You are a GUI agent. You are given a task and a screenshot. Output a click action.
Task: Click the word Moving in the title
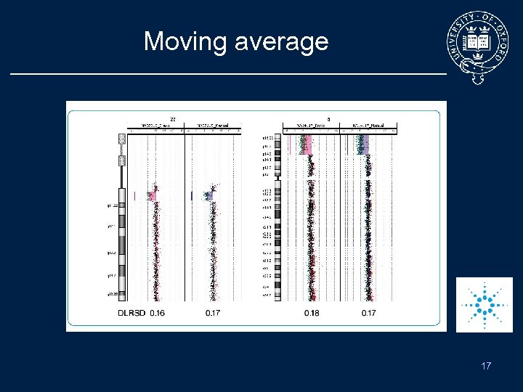point(186,41)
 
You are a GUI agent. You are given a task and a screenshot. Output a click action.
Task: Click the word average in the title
point(282,42)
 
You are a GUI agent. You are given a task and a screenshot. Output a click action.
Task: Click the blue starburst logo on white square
point(484,304)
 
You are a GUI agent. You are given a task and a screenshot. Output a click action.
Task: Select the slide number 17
point(485,366)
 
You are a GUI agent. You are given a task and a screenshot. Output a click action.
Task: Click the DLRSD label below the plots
point(132,314)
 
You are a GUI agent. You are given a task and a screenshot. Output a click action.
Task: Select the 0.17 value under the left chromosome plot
point(213,314)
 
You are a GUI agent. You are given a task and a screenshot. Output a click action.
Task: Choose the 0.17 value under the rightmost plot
point(369,314)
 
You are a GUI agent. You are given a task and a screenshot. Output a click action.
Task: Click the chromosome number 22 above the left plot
point(173,118)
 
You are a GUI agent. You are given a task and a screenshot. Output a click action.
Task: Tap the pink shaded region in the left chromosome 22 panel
point(151,195)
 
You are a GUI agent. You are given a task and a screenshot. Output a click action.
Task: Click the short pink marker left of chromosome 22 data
point(135,195)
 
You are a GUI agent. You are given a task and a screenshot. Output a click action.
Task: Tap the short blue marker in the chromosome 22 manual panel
point(192,195)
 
